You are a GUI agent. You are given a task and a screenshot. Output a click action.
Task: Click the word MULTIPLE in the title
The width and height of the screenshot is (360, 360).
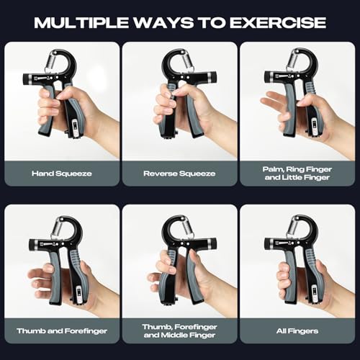coord(81,23)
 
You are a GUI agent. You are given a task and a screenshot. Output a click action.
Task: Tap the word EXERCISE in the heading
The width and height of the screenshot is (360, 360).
coord(278,23)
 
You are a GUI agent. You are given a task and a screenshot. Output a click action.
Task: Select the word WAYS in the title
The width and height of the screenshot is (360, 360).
coord(164,23)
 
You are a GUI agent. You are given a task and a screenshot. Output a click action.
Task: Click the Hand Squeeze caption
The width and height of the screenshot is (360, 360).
coord(62,174)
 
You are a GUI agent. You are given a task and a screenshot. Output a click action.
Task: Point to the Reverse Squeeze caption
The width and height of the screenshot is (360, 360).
coord(179,174)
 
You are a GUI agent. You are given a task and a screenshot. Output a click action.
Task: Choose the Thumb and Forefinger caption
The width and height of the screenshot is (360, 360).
coord(62,331)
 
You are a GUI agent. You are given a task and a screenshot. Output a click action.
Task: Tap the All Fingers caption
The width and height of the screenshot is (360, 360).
coord(297,331)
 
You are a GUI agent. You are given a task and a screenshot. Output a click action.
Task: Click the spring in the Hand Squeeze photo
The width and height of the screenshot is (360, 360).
coord(55,63)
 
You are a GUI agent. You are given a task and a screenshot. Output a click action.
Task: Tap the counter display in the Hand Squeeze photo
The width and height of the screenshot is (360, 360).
coord(76,127)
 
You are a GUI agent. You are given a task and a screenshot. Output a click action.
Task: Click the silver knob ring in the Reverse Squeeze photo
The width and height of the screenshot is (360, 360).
coord(210,77)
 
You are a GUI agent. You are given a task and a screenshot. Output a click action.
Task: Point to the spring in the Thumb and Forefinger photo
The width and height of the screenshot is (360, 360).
coord(58,230)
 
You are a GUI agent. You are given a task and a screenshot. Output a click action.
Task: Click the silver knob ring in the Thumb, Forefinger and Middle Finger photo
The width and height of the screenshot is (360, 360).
coord(210,244)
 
